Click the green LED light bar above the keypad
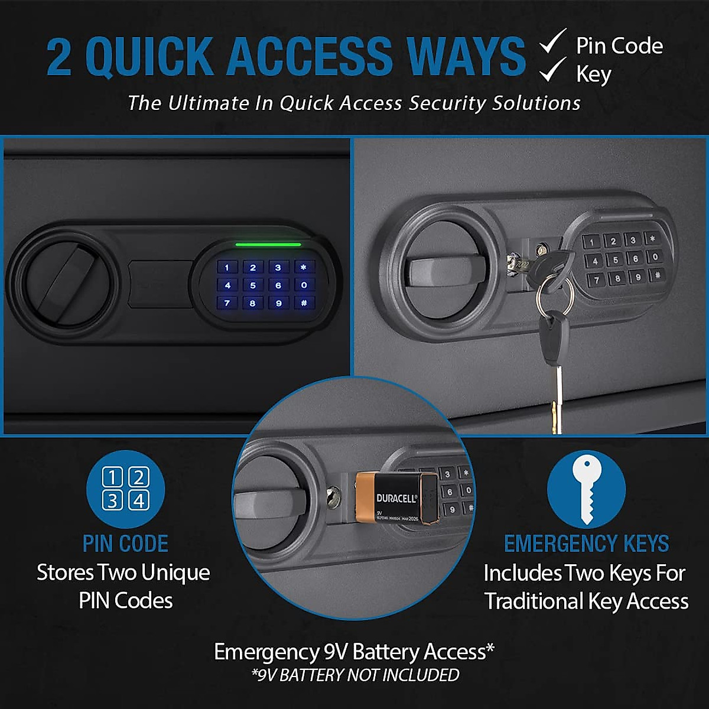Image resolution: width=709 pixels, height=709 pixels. click(x=268, y=244)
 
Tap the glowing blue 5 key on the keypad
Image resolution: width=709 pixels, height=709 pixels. click(x=253, y=285)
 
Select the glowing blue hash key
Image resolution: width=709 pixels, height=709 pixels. click(x=304, y=303)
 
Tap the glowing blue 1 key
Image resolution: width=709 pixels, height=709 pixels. click(x=227, y=268)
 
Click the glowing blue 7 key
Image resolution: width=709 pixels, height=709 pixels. click(x=227, y=303)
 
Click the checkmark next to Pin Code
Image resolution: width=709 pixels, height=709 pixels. click(x=553, y=43)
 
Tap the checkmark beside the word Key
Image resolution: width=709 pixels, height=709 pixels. click(x=553, y=71)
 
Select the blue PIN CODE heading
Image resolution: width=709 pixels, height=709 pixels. click(x=125, y=544)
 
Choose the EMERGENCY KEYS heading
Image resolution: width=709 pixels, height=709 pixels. click(x=586, y=544)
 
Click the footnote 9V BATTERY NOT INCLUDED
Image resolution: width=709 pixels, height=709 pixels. click(x=355, y=675)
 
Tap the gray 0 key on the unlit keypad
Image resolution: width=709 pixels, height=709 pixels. click(x=655, y=257)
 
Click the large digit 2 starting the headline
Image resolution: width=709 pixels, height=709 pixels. click(x=59, y=57)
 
